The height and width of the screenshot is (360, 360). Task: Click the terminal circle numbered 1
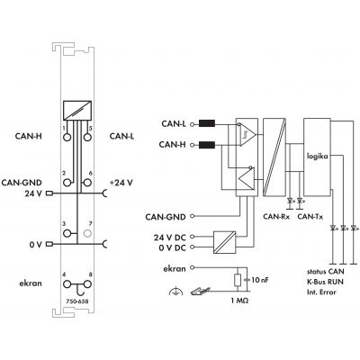point(67,137)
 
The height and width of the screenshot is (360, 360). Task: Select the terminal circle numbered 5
point(87,137)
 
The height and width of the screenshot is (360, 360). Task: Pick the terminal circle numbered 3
point(67,233)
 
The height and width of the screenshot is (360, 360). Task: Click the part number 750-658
point(77,301)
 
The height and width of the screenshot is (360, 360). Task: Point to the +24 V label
point(121,183)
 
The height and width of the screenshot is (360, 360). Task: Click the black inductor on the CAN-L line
point(207,123)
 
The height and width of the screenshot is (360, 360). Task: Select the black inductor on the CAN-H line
point(207,145)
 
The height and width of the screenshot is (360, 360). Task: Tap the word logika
point(317,157)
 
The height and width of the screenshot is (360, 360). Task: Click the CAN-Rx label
point(276,216)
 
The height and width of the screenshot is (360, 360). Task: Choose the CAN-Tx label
point(310,216)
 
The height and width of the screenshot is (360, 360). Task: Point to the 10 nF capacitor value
point(260,280)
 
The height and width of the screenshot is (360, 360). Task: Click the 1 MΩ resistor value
point(239,301)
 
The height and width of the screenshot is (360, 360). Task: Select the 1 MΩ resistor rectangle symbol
point(238,280)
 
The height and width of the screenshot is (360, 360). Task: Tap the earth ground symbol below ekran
point(175,291)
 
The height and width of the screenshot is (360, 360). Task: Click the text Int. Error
point(321,292)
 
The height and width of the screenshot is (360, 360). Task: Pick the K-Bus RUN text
point(325,282)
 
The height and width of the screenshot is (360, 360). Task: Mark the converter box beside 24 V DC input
point(225,242)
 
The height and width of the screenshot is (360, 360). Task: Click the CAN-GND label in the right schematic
point(166,217)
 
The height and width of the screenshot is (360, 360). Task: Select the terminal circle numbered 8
point(87,284)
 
